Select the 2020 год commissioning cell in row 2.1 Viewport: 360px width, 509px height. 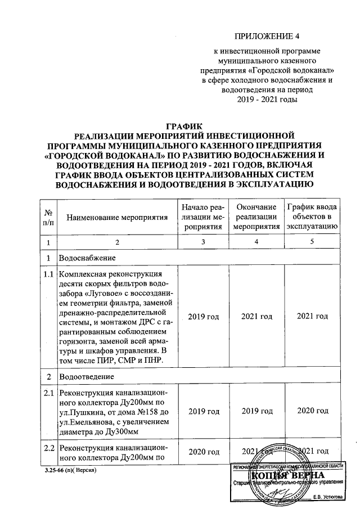pos(312,412)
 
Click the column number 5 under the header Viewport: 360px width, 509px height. pos(312,242)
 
